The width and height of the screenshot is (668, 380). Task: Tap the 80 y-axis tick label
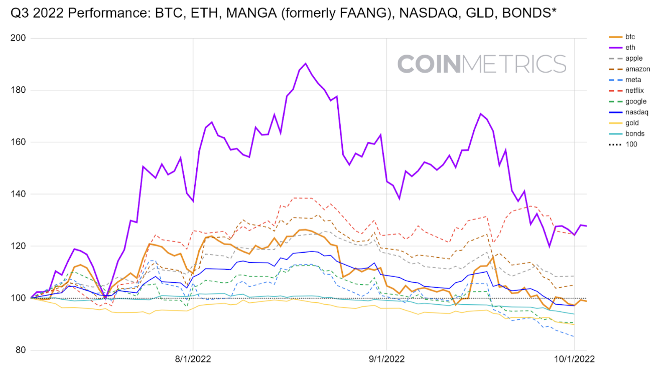point(20,350)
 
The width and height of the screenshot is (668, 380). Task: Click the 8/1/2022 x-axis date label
point(193,359)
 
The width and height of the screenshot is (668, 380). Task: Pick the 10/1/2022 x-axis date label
point(574,359)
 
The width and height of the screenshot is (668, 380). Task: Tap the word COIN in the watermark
point(429,64)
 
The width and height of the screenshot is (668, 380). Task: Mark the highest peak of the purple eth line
point(305,64)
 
